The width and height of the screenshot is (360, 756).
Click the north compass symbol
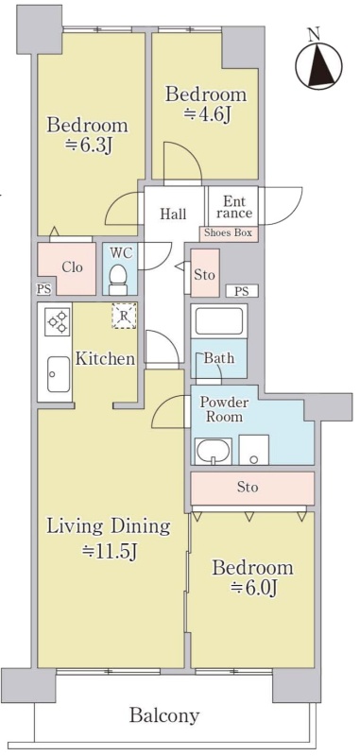318,65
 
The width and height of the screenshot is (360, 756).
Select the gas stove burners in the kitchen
58,321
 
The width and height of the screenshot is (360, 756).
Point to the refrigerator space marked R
125,316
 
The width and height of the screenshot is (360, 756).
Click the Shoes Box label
229,233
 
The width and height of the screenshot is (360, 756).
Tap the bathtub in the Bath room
219,321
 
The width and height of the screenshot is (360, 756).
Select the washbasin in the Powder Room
213,452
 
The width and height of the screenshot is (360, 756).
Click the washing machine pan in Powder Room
253,450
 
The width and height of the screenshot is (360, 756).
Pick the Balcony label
163,715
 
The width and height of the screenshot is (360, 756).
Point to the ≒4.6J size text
206,115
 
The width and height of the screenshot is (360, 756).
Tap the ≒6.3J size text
89,146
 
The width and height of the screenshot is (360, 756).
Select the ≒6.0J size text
252,588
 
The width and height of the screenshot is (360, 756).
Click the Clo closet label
72,267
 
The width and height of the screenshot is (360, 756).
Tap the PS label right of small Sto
243,291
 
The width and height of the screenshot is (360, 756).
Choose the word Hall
173,214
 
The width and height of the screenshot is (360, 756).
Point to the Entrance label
233,207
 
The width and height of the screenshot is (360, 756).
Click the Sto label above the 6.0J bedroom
248,487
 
